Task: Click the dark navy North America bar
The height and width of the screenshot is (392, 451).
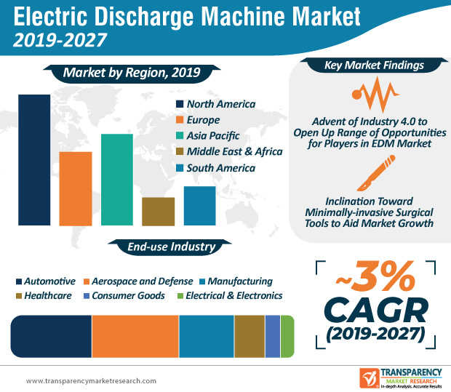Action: [34, 159]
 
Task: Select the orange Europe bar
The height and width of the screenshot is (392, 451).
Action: [76, 188]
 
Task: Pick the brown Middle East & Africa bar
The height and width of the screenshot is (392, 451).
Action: [159, 211]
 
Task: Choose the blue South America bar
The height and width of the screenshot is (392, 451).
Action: [199, 206]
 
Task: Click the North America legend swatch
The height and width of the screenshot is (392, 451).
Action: [179, 104]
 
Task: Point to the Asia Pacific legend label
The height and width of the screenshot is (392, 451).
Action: [213, 136]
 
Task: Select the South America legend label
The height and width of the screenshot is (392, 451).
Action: [220, 168]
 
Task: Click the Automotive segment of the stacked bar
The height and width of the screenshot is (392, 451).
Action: [51, 336]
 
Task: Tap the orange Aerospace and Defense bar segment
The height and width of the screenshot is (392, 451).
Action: [135, 336]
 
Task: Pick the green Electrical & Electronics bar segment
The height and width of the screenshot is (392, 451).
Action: [287, 336]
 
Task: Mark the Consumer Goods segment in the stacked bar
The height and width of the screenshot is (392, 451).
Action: [272, 336]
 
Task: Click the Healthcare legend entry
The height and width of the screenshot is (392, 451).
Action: [44, 295]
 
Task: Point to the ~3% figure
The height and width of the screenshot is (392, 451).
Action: [370, 278]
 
